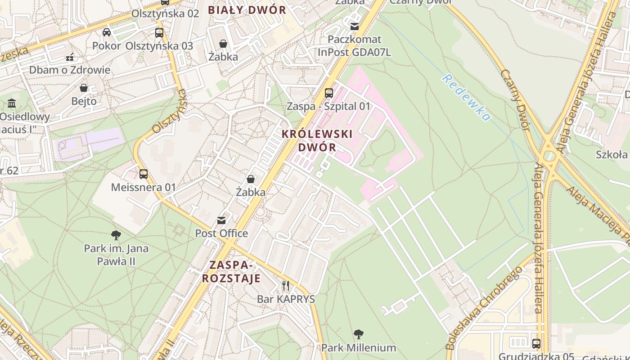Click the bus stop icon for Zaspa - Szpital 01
point(329,93)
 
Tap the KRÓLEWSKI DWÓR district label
point(317,140)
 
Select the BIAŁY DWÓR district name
point(247,10)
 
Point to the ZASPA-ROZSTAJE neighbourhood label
point(231,271)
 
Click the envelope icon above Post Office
point(221,220)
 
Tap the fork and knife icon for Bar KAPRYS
point(286,286)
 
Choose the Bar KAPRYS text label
point(286,299)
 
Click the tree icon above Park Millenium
point(359,334)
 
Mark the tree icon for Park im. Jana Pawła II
point(116,235)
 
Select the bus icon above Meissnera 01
point(144,174)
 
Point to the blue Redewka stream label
point(466,98)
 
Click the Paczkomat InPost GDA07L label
point(355,46)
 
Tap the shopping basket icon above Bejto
point(84,88)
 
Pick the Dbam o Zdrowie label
point(70,70)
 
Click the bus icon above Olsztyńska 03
point(159,32)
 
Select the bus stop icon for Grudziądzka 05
point(536,344)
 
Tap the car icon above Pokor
point(107,32)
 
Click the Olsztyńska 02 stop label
point(165,13)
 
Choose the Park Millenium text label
point(359,348)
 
